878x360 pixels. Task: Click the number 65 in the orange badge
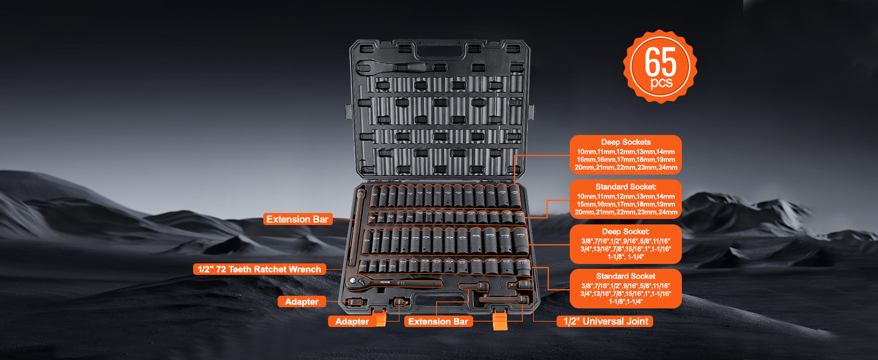click(660, 61)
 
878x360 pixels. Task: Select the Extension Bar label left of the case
click(298, 220)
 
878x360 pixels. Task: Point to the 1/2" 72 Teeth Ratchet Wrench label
click(259, 269)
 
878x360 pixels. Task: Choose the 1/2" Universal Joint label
click(605, 321)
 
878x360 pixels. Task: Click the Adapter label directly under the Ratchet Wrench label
click(302, 302)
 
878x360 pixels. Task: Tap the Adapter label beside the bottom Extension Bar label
click(352, 322)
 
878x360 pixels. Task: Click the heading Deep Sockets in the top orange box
click(626, 142)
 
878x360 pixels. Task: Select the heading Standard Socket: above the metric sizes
click(626, 187)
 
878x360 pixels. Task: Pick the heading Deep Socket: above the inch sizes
click(626, 232)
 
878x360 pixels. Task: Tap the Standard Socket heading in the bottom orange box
click(626, 276)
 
